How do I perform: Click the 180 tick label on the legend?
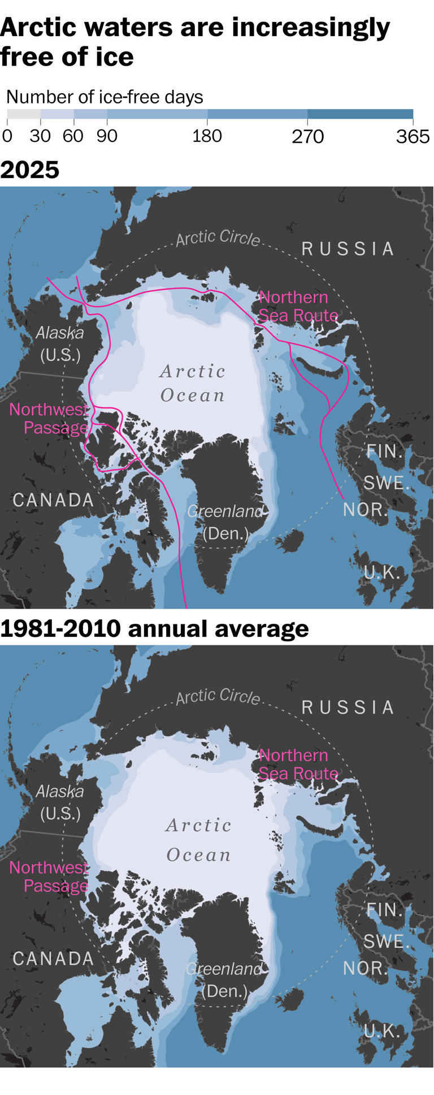pos(207,136)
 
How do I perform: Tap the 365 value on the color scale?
pos(413,136)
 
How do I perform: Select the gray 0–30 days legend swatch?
pos(24,114)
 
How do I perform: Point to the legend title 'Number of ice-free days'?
pos(105,97)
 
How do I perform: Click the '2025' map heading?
pos(29,170)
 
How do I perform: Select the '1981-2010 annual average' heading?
pos(154,628)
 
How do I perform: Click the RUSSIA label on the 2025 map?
pos(348,249)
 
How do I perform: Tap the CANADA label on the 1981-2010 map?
pos(53,958)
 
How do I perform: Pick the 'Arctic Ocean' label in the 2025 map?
pos(193,383)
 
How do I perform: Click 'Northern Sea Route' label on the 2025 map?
pos(298,306)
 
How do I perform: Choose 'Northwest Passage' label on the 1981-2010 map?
pos(49,876)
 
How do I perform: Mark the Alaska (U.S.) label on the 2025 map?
pos(60,344)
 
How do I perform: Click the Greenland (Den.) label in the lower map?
pos(225,980)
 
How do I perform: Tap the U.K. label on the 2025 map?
pos(381,572)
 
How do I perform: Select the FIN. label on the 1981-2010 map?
pos(384,909)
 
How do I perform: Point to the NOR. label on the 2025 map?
pos(365,510)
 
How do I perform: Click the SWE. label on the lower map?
pos(386,941)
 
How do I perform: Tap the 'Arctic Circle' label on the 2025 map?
pos(218,238)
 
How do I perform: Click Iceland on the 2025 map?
pos(292,541)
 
